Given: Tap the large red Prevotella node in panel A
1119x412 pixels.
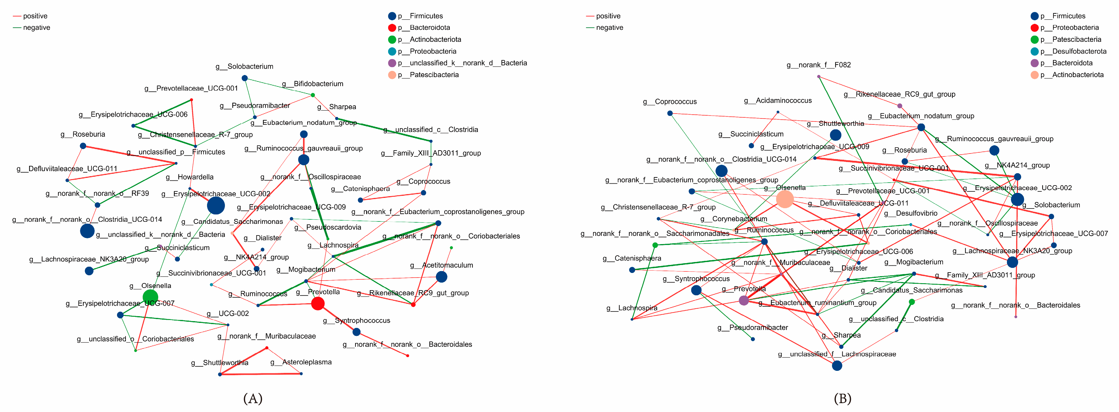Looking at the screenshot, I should coord(318,303).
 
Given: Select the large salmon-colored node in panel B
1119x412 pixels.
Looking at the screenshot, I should coord(784,199).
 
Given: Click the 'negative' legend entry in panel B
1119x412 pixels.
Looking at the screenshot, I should coord(609,28).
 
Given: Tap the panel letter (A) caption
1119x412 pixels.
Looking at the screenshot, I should coord(253,398).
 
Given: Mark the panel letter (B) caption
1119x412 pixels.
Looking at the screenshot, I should coord(842,398).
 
